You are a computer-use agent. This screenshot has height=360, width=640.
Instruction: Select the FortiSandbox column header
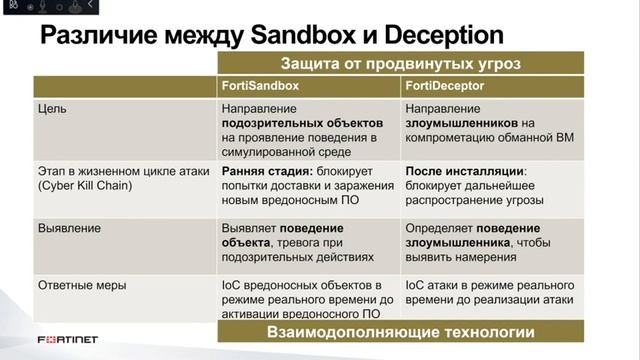click(x=260, y=87)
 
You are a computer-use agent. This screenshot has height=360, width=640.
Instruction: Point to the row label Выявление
click(x=69, y=228)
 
